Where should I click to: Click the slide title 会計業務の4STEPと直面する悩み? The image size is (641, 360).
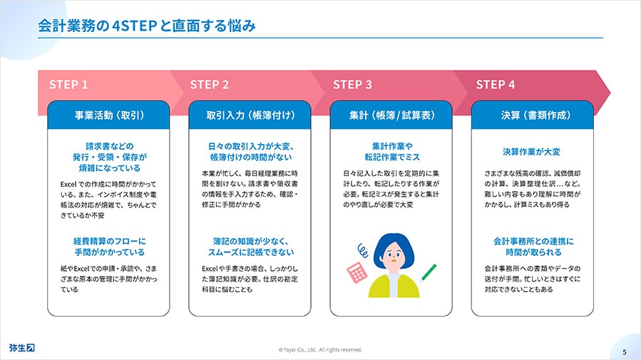click(147, 26)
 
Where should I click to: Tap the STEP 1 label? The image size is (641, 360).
click(68, 85)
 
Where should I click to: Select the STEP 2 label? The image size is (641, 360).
click(210, 85)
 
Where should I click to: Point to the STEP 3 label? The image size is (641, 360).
click(352, 85)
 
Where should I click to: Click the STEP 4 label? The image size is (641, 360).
click(496, 85)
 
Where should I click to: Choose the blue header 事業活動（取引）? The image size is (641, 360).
click(109, 115)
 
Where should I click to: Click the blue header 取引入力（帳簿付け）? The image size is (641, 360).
click(250, 115)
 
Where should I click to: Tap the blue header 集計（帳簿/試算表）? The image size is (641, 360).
click(391, 115)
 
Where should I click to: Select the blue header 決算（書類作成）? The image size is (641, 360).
click(532, 115)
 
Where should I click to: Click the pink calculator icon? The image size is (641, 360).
click(357, 272)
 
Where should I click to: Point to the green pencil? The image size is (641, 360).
click(429, 272)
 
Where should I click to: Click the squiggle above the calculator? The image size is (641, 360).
click(363, 250)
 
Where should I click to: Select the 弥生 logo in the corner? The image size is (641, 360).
click(22, 348)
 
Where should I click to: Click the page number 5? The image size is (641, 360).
click(624, 352)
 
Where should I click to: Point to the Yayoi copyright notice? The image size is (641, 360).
click(321, 350)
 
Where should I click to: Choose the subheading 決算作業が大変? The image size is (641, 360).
click(531, 152)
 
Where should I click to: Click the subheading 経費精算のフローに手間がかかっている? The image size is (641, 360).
click(109, 247)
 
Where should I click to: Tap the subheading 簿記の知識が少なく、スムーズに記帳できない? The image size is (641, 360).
click(250, 247)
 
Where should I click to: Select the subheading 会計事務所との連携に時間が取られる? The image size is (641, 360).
click(533, 247)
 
